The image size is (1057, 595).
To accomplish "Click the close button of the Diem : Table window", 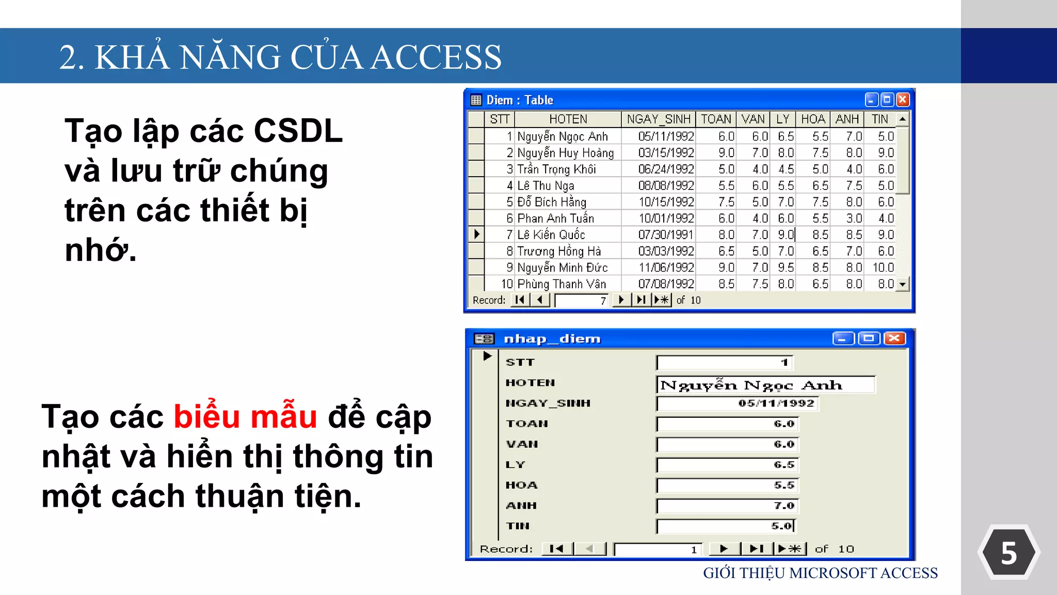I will coord(903,100).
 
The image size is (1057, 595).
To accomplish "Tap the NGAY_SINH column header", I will coord(658,119).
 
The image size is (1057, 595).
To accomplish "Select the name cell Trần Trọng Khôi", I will coord(556,169).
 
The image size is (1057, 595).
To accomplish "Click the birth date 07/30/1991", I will coord(666,235).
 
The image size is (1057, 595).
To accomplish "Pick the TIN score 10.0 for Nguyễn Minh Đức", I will coord(883,268).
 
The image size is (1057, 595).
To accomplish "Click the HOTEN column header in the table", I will coord(568,119).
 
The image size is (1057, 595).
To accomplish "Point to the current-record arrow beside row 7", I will coord(477,234).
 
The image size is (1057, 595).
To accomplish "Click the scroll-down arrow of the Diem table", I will coord(902,284).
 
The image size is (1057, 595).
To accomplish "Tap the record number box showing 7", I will coord(581,301).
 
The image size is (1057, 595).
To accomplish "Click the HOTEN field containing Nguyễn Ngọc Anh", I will coord(765,385).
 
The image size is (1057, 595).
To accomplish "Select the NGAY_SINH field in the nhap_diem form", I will coord(737,403).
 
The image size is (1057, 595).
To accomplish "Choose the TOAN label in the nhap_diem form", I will coord(527,424).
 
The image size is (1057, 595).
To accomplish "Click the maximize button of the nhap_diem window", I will coord(869,339).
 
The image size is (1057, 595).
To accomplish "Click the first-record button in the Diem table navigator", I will coord(520,300).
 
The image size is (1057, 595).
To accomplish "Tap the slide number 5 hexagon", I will coord(1008,553).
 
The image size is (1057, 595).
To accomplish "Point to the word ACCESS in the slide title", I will coord(436,57).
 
